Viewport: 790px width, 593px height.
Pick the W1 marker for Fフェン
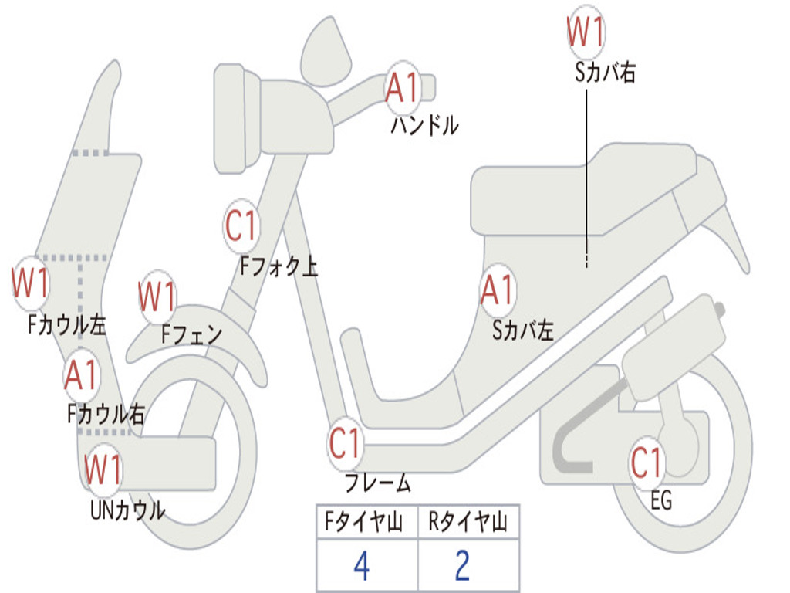click(x=157, y=296)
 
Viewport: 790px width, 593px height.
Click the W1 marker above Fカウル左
click(x=31, y=283)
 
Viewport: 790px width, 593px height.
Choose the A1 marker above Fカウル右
click(x=81, y=375)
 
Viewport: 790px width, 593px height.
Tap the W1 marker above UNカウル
click(x=103, y=469)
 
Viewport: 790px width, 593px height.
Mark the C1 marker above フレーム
click(x=345, y=444)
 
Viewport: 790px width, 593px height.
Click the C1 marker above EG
click(x=647, y=463)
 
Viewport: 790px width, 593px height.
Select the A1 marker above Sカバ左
click(x=497, y=291)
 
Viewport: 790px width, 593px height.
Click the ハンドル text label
click(x=424, y=125)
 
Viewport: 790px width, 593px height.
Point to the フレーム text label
click(x=377, y=484)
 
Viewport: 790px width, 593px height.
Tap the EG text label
click(x=661, y=501)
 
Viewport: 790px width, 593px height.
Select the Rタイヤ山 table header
click(x=468, y=523)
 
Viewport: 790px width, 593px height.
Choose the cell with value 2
click(x=463, y=567)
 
